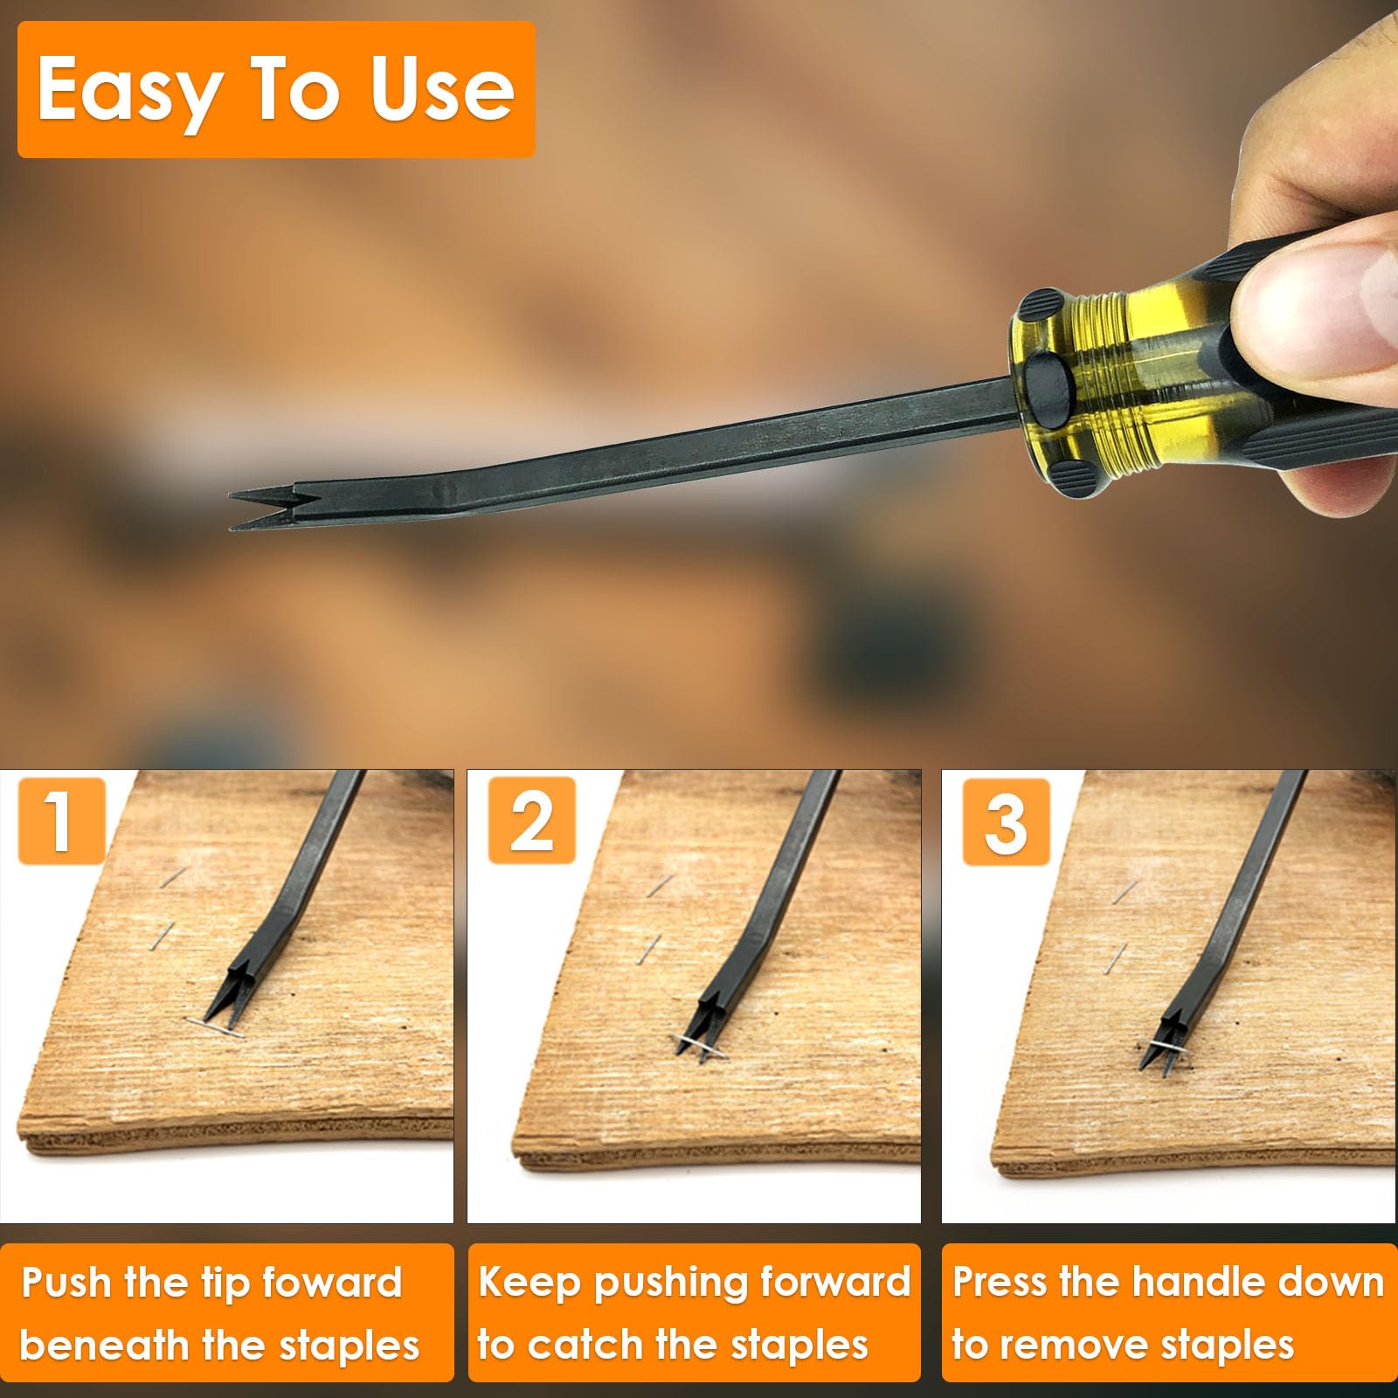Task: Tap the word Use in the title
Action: [442, 89]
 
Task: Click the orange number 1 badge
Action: [61, 821]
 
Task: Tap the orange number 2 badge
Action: [531, 821]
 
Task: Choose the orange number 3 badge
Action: [1006, 821]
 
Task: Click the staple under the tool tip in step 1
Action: [215, 1027]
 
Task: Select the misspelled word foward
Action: [332, 1283]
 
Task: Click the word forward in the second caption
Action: [834, 1283]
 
